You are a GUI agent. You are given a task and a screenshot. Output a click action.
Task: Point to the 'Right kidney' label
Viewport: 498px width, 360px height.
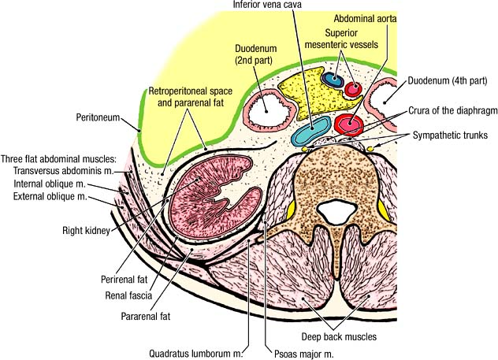(85, 231)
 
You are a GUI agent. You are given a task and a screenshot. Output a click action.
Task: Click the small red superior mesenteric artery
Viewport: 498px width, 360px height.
(351, 87)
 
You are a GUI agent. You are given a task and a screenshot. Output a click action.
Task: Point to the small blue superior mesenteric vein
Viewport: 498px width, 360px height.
(332, 80)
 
